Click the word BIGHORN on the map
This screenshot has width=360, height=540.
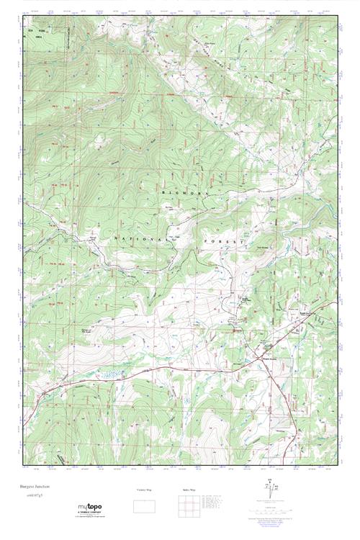tap(190, 193)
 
